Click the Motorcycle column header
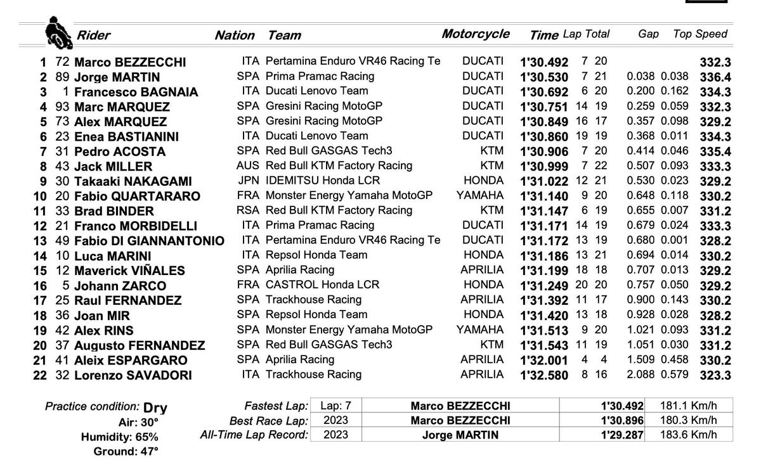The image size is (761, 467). pos(475,34)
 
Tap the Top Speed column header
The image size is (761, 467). pos(699,34)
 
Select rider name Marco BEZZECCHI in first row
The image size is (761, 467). pos(130,62)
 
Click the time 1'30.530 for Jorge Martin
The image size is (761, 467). pos(543,77)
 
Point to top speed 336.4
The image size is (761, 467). pos(715,77)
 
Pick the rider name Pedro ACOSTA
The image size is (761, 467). pos(119,151)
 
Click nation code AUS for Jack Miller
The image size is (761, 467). pos(248,165)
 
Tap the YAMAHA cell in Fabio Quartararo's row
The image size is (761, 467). pos(480,195)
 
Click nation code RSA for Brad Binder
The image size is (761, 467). pos(248,210)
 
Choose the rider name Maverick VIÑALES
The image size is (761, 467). pos(129,271)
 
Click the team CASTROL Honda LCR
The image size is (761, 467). pos(322,285)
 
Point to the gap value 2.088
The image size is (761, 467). pos(641,374)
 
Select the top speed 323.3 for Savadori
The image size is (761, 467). pos(715,375)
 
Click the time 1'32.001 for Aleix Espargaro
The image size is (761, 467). pos(543,360)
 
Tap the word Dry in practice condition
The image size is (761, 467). pos(155,407)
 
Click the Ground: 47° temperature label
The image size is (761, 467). pos(126,451)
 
